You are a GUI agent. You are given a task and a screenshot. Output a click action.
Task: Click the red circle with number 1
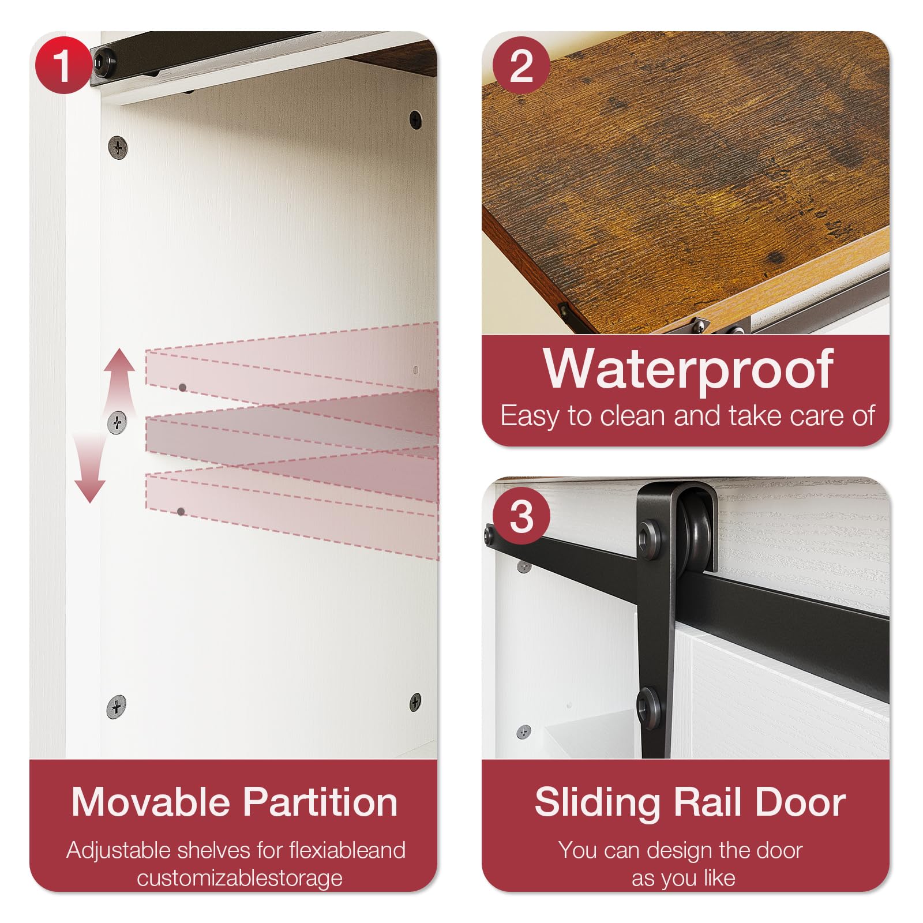63,65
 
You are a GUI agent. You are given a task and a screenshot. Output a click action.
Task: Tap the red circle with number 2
521,65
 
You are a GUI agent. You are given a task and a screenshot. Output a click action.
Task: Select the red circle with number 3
521,516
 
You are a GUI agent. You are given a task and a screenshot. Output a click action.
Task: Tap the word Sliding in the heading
597,803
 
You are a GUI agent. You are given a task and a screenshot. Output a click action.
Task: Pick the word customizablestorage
240,878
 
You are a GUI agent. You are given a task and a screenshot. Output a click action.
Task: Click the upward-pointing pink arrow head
119,361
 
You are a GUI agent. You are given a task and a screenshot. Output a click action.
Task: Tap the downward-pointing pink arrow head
90,490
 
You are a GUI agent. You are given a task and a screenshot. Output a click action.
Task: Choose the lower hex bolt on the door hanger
651,703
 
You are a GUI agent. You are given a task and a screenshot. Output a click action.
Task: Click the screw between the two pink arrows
117,423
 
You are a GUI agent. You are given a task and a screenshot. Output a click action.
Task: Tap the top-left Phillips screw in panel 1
118,148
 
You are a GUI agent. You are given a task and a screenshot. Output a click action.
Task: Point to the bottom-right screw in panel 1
415,702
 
